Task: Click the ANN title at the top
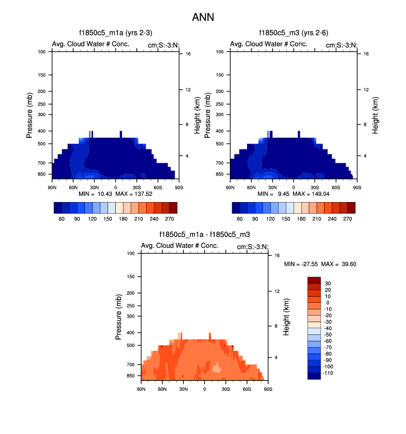(203, 17)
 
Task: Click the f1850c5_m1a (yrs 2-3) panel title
(115, 33)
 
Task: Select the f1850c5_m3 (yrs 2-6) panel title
(293, 33)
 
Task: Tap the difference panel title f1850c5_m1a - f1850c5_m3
(204, 235)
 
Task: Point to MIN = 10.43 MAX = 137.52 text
(115, 195)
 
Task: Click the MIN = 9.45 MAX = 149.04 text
(293, 195)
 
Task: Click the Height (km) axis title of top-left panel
(197, 115)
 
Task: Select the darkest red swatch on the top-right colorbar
(351, 208)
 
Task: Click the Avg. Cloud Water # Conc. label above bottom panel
(174, 246)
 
